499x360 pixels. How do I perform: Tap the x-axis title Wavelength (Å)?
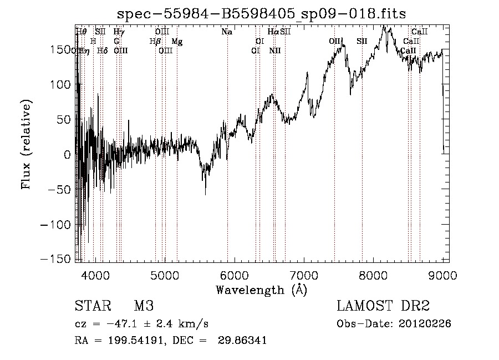coord(261,290)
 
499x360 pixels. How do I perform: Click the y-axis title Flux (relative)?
coord(27,144)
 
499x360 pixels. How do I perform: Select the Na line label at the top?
coord(226,32)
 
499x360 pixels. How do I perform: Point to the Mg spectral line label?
coord(176,42)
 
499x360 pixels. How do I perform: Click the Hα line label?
coord(273,32)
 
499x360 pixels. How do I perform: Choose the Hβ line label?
coord(155,42)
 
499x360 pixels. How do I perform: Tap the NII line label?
coord(275,51)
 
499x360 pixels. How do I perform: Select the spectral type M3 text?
coord(144,306)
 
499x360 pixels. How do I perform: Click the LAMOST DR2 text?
coord(383,306)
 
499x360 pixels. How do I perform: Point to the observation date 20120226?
coord(426,324)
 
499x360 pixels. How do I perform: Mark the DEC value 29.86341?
coord(244,341)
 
